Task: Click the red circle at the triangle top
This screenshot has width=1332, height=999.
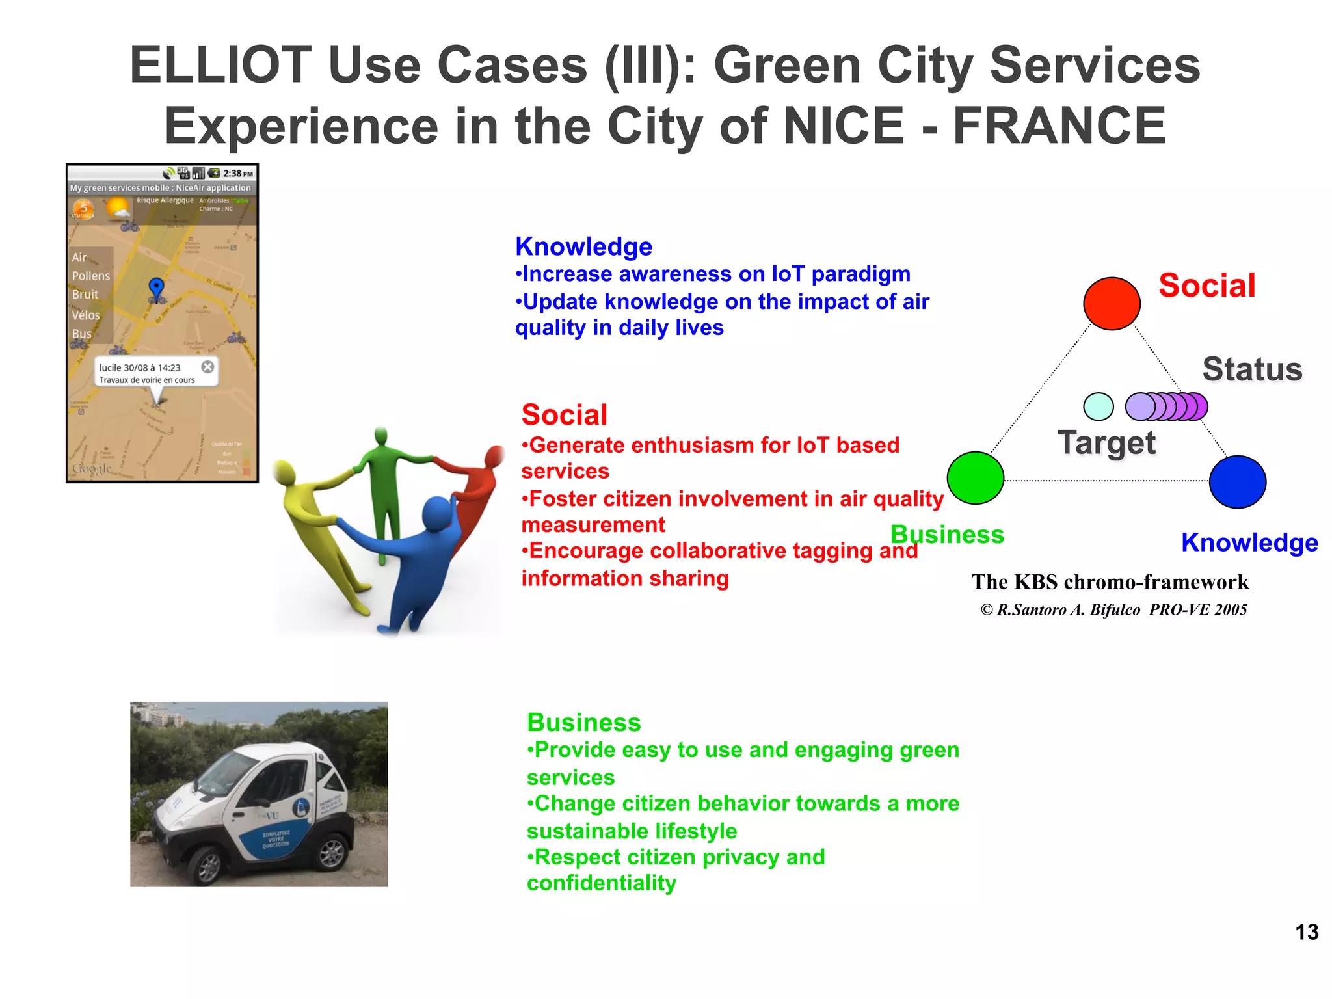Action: (x=1112, y=304)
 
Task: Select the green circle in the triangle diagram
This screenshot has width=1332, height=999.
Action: (x=975, y=478)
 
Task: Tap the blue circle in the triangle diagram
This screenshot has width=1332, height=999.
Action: (x=1237, y=482)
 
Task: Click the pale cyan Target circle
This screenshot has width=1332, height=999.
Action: (x=1099, y=406)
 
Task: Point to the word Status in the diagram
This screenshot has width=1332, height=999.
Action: (x=1252, y=369)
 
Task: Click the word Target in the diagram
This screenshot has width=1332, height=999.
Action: (x=1106, y=443)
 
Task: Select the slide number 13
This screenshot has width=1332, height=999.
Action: (x=1306, y=932)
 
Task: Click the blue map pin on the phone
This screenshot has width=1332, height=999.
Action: (x=156, y=287)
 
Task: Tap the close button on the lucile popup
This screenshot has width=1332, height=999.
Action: (x=207, y=367)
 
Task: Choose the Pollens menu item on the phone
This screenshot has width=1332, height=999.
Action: (x=91, y=276)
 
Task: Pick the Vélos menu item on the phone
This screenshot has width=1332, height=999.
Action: (x=86, y=315)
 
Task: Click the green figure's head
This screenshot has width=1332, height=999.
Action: (x=381, y=436)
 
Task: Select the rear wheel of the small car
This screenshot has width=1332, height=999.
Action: (x=332, y=853)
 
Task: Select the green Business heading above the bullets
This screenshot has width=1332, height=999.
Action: (x=583, y=723)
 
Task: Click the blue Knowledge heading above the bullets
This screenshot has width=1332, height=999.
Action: (x=583, y=246)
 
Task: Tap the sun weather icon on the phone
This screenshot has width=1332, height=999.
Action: (x=118, y=209)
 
